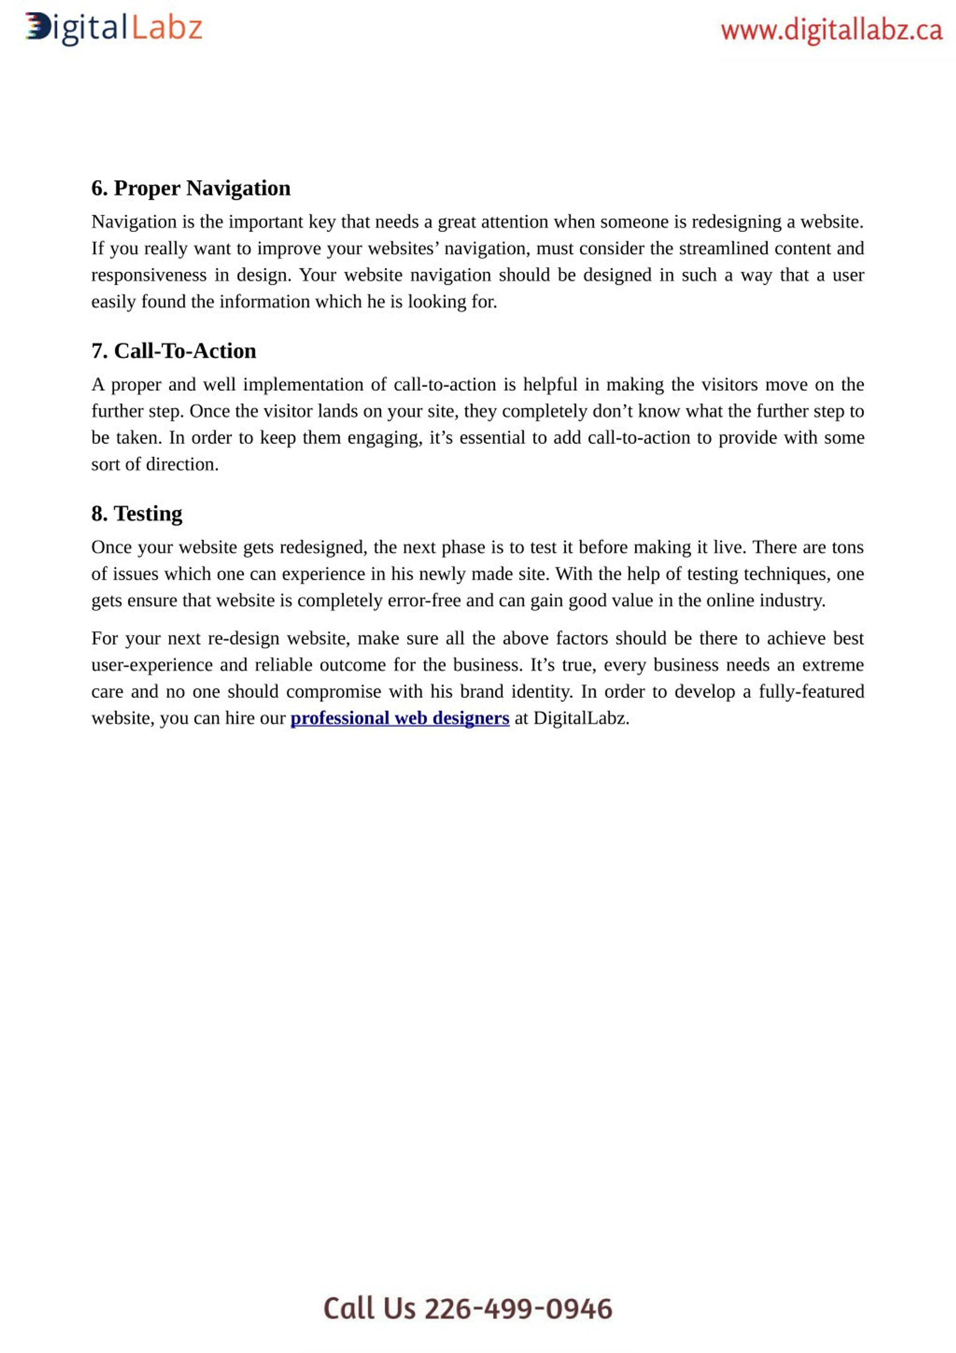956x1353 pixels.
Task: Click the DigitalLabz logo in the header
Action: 114,28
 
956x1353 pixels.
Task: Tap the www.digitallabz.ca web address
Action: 831,31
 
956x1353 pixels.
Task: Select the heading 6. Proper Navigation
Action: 190,188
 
